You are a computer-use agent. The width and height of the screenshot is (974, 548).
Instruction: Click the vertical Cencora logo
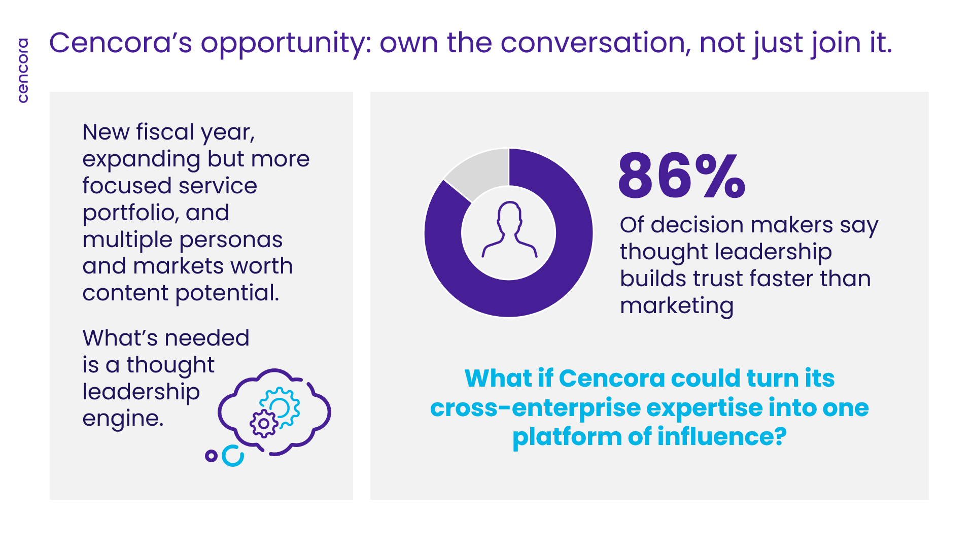coord(23,71)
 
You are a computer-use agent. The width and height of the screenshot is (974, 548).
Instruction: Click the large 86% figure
coord(682,176)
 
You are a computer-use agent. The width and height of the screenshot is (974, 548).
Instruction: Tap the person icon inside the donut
coord(509,229)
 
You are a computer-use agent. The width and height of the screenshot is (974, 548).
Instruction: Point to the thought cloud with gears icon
coord(274,412)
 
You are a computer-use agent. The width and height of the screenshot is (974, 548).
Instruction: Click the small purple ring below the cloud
coord(211,456)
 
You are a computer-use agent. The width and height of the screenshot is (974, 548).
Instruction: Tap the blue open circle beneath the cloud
coord(233,456)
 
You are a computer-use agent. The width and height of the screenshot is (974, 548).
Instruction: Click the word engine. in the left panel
coord(123,419)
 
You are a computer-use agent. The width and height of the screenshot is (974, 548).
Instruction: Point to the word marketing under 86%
coord(677,306)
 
